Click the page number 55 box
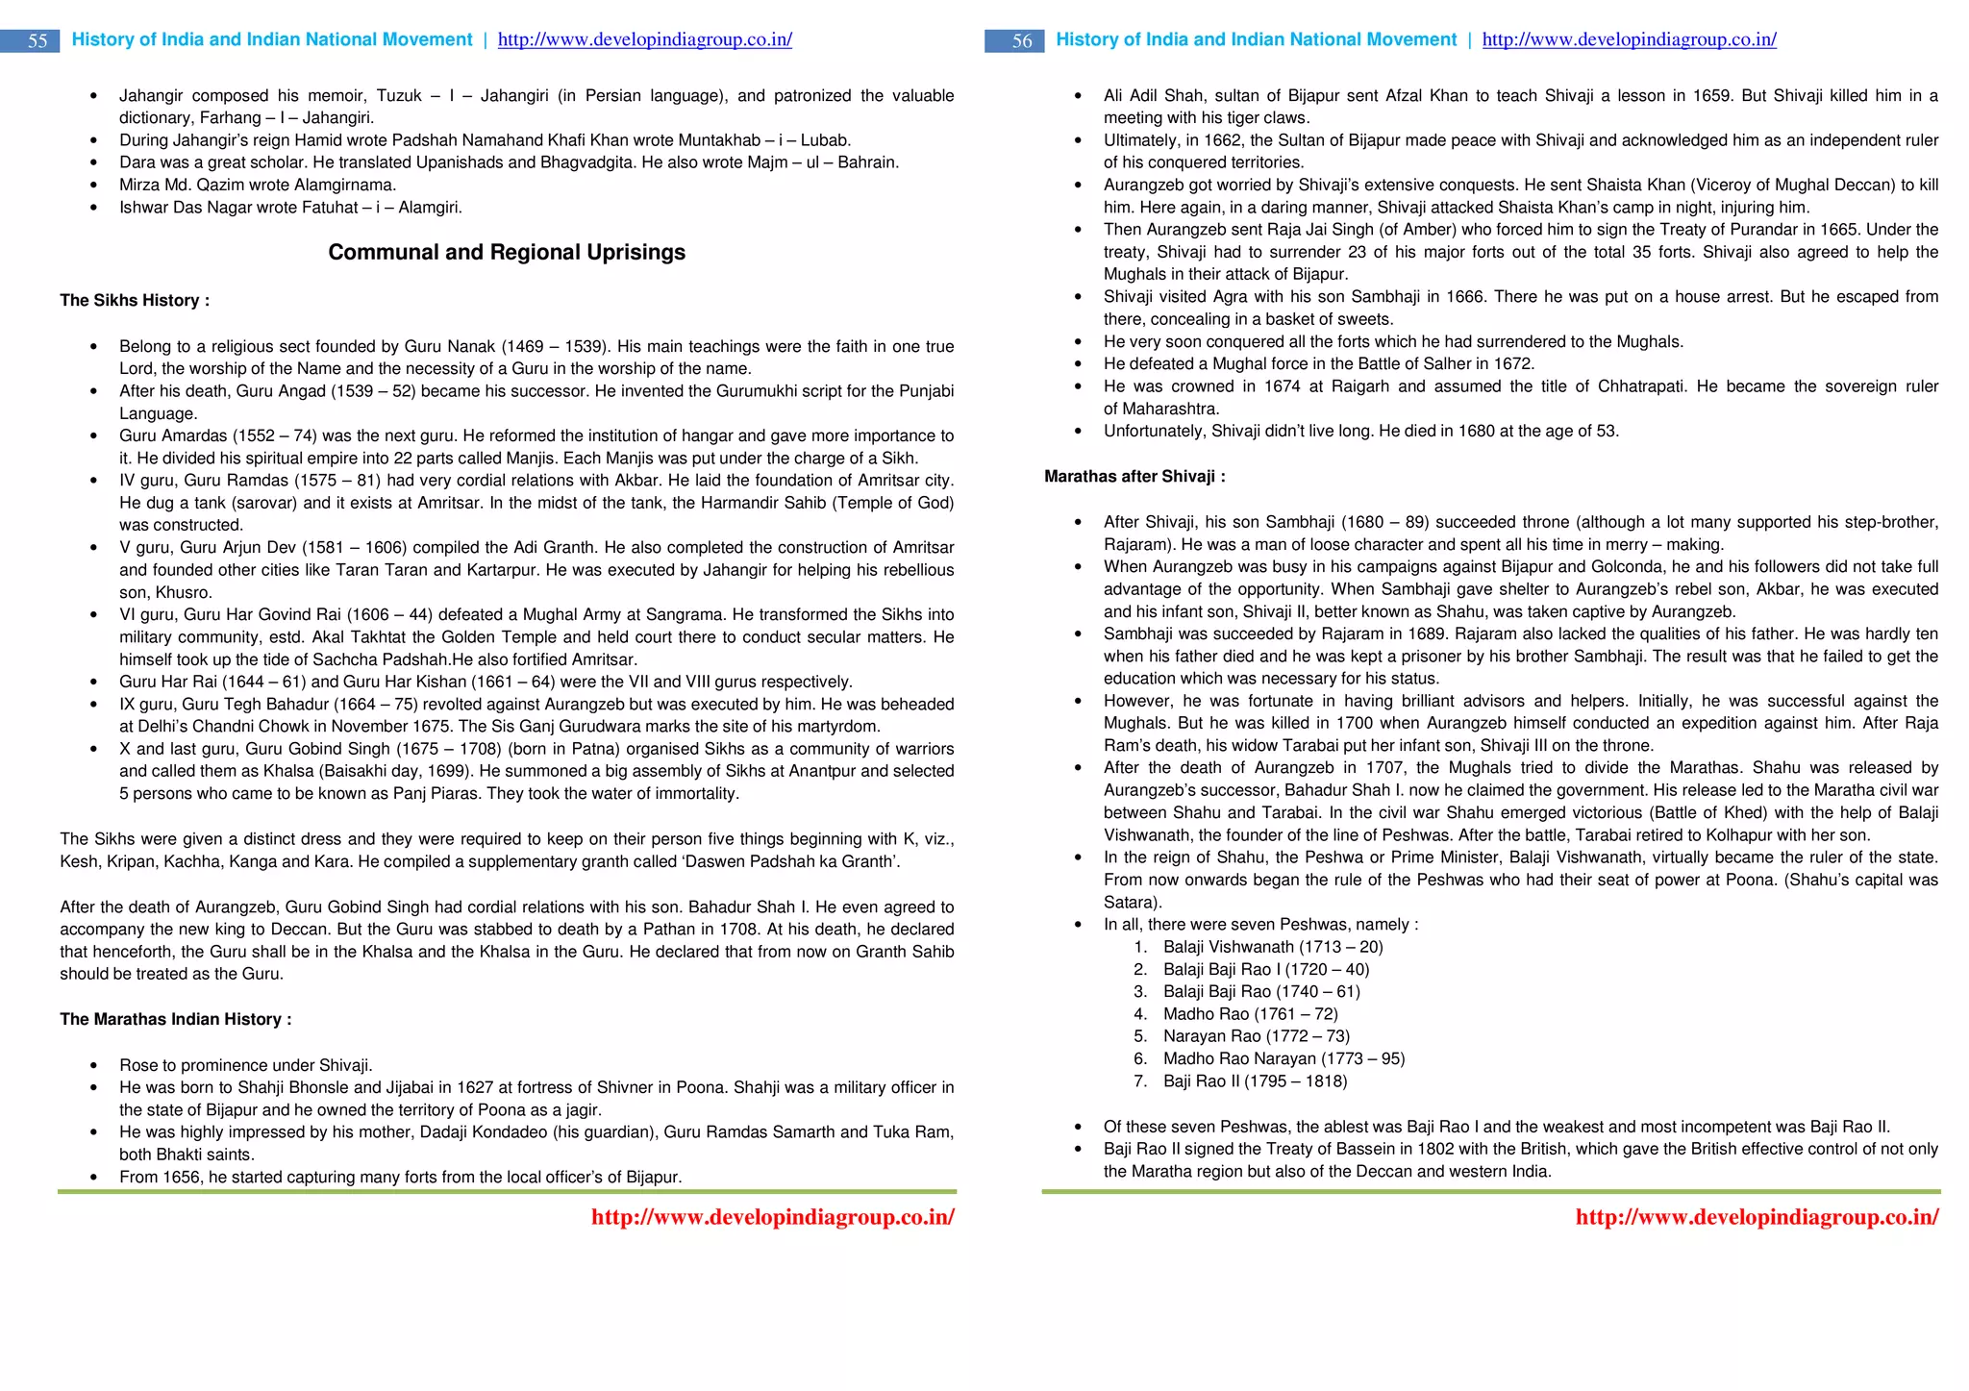pyautogui.click(x=37, y=40)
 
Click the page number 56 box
pyautogui.click(x=1021, y=40)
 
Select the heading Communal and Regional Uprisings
pyautogui.click(x=507, y=252)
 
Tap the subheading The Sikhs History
pyautogui.click(x=135, y=300)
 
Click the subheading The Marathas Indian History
pyautogui.click(x=175, y=1019)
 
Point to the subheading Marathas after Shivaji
pyautogui.click(x=1134, y=476)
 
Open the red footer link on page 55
pyautogui.click(x=772, y=1217)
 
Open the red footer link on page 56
pyautogui.click(x=1757, y=1217)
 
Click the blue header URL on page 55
pyautogui.click(x=644, y=39)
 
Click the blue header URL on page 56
pyautogui.click(x=1629, y=39)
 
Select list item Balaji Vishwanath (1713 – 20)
pyautogui.click(x=1273, y=947)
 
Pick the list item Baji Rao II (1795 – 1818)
pyautogui.click(x=1255, y=1081)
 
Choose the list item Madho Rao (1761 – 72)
pyautogui.click(x=1250, y=1014)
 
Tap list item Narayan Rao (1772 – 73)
pyautogui.click(x=1256, y=1036)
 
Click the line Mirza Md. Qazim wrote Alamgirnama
pyautogui.click(x=258, y=185)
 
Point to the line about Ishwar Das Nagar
pyautogui.click(x=290, y=207)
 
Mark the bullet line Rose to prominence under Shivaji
pyautogui.click(x=245, y=1065)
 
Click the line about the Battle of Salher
pyautogui.click(x=1319, y=363)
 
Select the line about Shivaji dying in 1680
pyautogui.click(x=1360, y=431)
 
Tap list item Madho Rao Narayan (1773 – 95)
pyautogui.click(x=1284, y=1058)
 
